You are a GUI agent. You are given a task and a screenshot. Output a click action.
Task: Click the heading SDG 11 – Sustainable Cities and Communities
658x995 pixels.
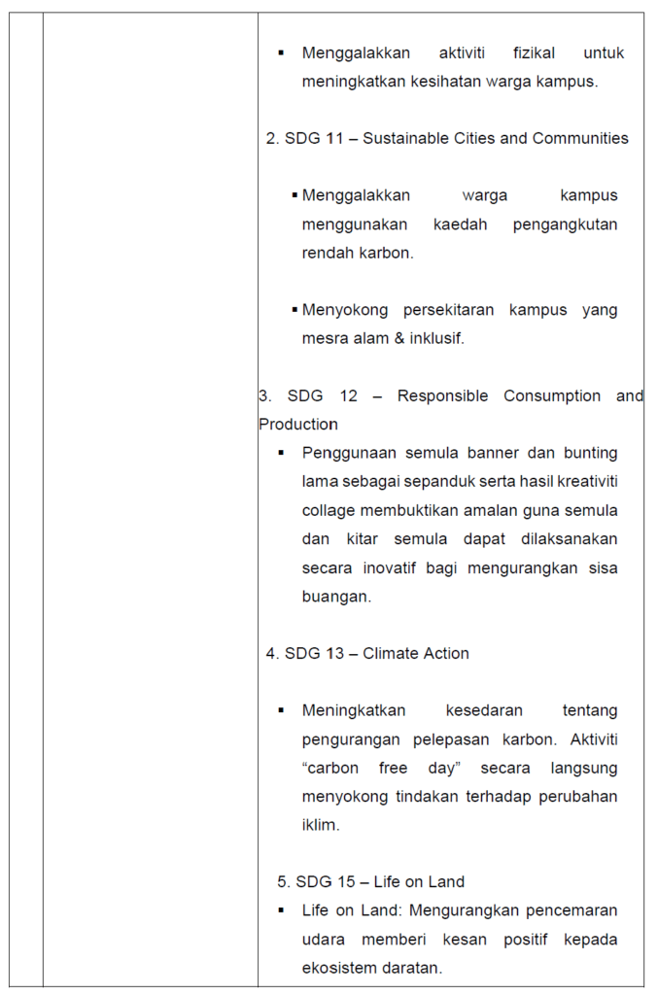tap(447, 138)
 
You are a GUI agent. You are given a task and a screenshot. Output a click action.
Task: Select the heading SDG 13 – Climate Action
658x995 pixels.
tap(367, 654)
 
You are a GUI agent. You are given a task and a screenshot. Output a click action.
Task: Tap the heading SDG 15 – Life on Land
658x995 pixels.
tap(371, 882)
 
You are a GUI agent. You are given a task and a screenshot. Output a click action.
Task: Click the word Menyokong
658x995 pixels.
tap(345, 310)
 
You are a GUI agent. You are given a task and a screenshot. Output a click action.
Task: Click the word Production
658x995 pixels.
tap(298, 425)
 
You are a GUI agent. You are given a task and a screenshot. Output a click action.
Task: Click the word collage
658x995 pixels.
tap(329, 510)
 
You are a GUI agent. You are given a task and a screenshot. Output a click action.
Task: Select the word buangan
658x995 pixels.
tap(336, 597)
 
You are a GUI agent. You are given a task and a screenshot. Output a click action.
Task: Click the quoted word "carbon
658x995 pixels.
tap(331, 768)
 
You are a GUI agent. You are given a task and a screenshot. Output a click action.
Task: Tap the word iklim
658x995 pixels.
tap(320, 825)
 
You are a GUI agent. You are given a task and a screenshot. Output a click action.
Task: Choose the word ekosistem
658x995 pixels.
tap(340, 968)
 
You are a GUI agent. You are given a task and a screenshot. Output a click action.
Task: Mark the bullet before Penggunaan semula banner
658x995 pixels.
tap(281, 453)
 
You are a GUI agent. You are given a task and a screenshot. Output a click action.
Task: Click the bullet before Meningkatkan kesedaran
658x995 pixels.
tap(281, 710)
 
